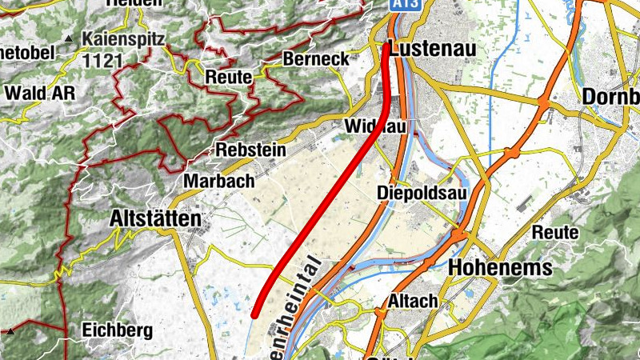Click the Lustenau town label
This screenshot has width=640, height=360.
tap(432, 49)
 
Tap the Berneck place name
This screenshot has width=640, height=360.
tap(316, 59)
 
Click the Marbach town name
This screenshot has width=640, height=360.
tap(214, 181)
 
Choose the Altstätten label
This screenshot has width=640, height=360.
tap(156, 218)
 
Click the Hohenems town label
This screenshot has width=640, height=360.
tap(502, 267)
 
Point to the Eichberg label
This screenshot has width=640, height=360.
tap(118, 330)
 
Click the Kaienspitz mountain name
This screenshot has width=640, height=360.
tap(125, 38)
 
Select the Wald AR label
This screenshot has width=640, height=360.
tap(40, 93)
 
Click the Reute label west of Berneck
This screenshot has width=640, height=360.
tap(229, 78)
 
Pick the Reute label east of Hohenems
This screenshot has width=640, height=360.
tap(555, 232)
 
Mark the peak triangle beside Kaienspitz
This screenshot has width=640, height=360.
tap(70, 38)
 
